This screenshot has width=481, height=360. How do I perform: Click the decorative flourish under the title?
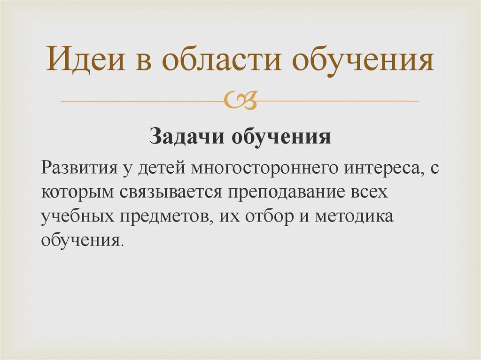(x=240, y=100)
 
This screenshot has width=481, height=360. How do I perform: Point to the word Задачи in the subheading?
(x=187, y=137)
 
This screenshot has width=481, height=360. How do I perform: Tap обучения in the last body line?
(x=81, y=241)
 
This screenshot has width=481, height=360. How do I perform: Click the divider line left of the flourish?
(x=141, y=101)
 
